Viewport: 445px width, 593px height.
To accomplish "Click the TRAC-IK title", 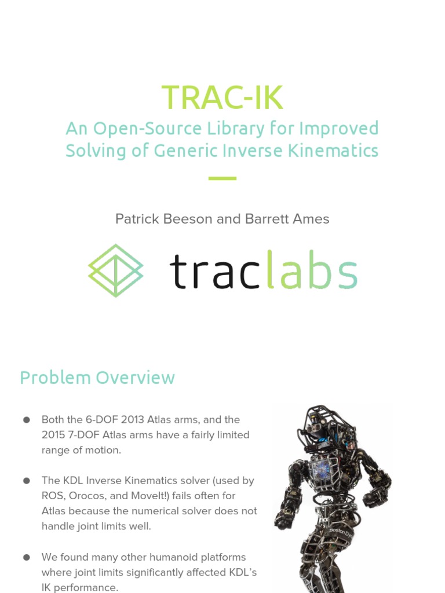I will pos(222,97).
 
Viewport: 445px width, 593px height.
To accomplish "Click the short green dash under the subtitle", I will pos(222,178).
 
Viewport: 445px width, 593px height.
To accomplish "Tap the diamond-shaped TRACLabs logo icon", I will pos(116,270).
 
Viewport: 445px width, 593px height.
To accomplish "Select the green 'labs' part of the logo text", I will pos(311,272).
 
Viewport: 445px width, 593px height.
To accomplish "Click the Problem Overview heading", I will pos(97,378).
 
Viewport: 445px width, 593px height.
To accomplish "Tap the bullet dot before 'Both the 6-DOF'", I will pos(27,420).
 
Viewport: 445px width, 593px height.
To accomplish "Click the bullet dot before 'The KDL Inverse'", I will pos(27,481).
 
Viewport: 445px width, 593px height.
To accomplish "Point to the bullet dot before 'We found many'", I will pos(27,558).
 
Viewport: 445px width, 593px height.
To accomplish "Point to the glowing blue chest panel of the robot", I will pos(322,472).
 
